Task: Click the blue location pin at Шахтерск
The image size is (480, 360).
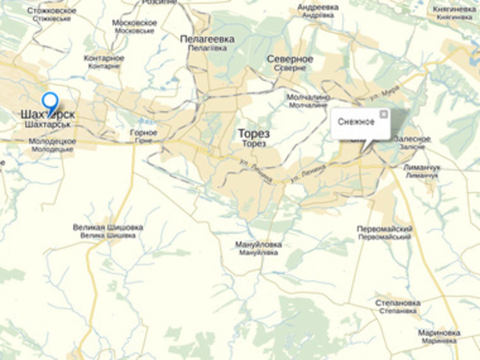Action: [50, 101]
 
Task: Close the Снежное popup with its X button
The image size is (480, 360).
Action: [384, 114]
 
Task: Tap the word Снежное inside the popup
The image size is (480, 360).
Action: [356, 122]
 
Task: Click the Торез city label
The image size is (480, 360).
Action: [254, 134]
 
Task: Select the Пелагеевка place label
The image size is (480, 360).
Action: [207, 40]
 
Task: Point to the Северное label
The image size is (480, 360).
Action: [290, 59]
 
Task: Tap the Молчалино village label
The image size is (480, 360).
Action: [308, 97]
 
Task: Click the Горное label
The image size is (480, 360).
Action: [144, 133]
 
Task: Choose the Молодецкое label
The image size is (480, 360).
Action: [52, 141]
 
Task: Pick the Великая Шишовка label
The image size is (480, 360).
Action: [108, 227]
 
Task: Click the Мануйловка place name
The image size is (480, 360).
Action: [258, 245]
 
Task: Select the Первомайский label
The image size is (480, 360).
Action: [384, 229]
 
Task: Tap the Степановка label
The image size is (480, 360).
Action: [398, 303]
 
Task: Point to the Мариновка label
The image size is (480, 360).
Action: [439, 333]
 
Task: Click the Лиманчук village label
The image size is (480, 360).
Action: [422, 168]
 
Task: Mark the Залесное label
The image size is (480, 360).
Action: [412, 139]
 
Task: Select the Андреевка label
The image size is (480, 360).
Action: [318, 7]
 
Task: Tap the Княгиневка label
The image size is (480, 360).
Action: [455, 9]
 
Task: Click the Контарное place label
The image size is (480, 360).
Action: [104, 58]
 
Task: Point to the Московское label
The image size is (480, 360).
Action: [134, 23]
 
